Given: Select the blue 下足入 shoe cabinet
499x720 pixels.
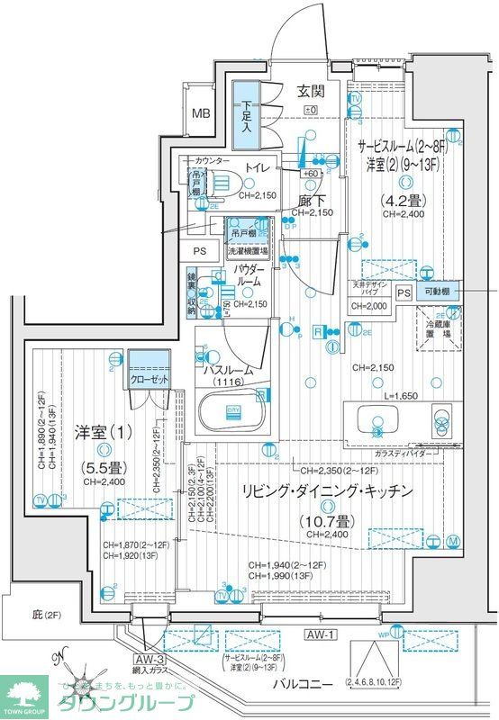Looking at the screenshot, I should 245,114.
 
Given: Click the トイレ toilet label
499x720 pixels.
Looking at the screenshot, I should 257,166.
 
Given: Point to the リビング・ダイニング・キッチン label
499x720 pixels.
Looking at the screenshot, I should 326,490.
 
